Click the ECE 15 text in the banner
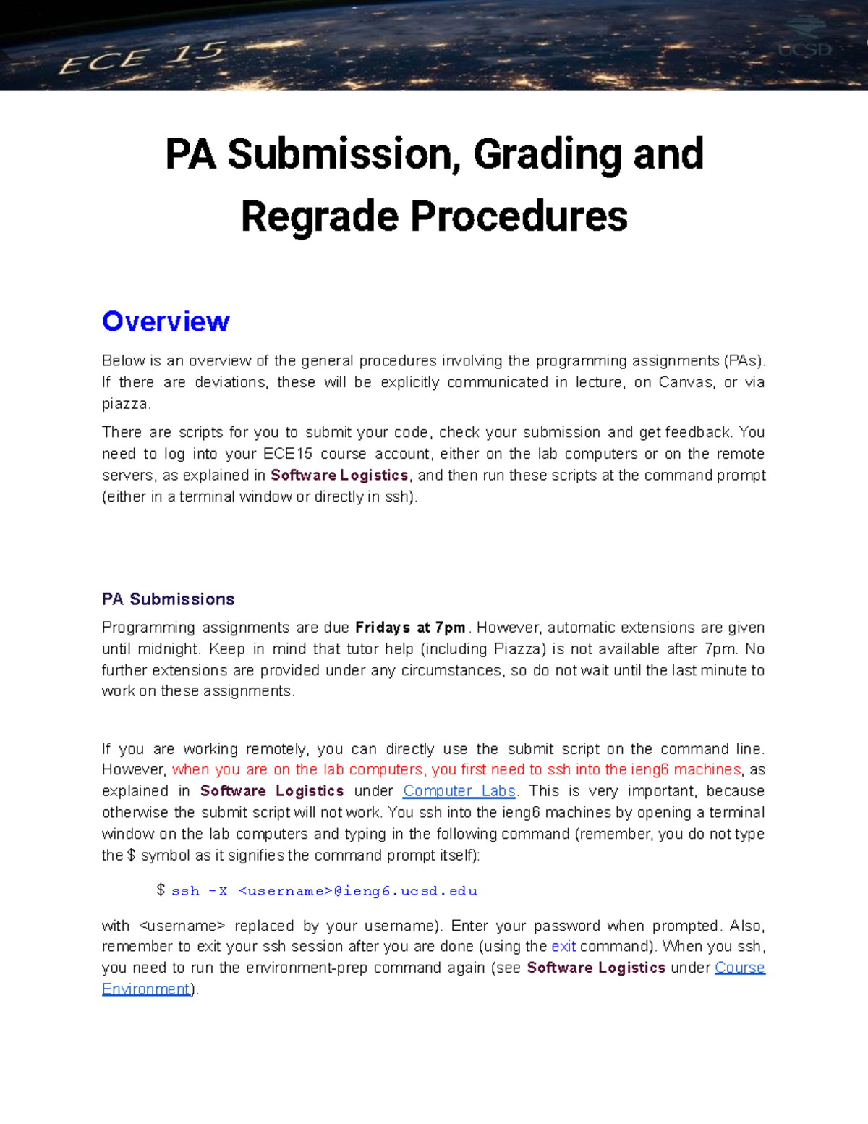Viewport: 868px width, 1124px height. click(x=142, y=58)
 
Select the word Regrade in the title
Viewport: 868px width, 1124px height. click(x=319, y=216)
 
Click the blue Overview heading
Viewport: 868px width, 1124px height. click(x=166, y=321)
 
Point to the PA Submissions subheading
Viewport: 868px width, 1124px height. click(x=168, y=599)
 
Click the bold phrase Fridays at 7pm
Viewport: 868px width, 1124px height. click(x=410, y=628)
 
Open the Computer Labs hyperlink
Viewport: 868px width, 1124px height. click(x=459, y=791)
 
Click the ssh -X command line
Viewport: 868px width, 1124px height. click(x=324, y=891)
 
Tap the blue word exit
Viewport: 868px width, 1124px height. click(x=563, y=947)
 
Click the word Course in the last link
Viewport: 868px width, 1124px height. click(x=739, y=968)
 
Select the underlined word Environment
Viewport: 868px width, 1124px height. click(x=145, y=989)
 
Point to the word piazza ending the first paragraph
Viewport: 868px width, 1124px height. click(x=124, y=404)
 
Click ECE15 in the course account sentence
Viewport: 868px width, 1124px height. click(x=288, y=454)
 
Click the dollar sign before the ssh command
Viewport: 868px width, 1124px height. click(x=161, y=890)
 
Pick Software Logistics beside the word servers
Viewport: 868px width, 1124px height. click(x=339, y=476)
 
